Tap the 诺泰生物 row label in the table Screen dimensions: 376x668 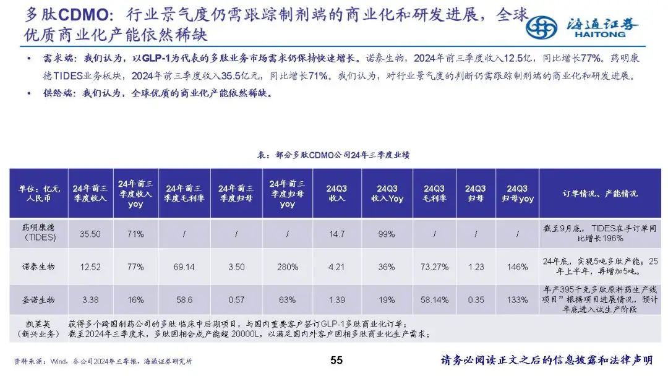[39, 267]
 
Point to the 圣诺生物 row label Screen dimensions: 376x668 [39, 300]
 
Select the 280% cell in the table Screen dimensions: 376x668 [287, 267]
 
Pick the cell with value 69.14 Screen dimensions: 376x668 [184, 267]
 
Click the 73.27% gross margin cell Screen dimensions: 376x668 [435, 267]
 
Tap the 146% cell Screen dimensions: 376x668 [517, 267]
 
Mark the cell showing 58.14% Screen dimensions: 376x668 [435, 300]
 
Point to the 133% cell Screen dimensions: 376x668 [517, 300]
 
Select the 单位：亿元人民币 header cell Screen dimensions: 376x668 [39, 194]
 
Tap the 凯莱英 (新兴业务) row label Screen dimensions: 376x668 [39, 328]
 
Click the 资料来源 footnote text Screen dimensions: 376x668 [103, 361]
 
